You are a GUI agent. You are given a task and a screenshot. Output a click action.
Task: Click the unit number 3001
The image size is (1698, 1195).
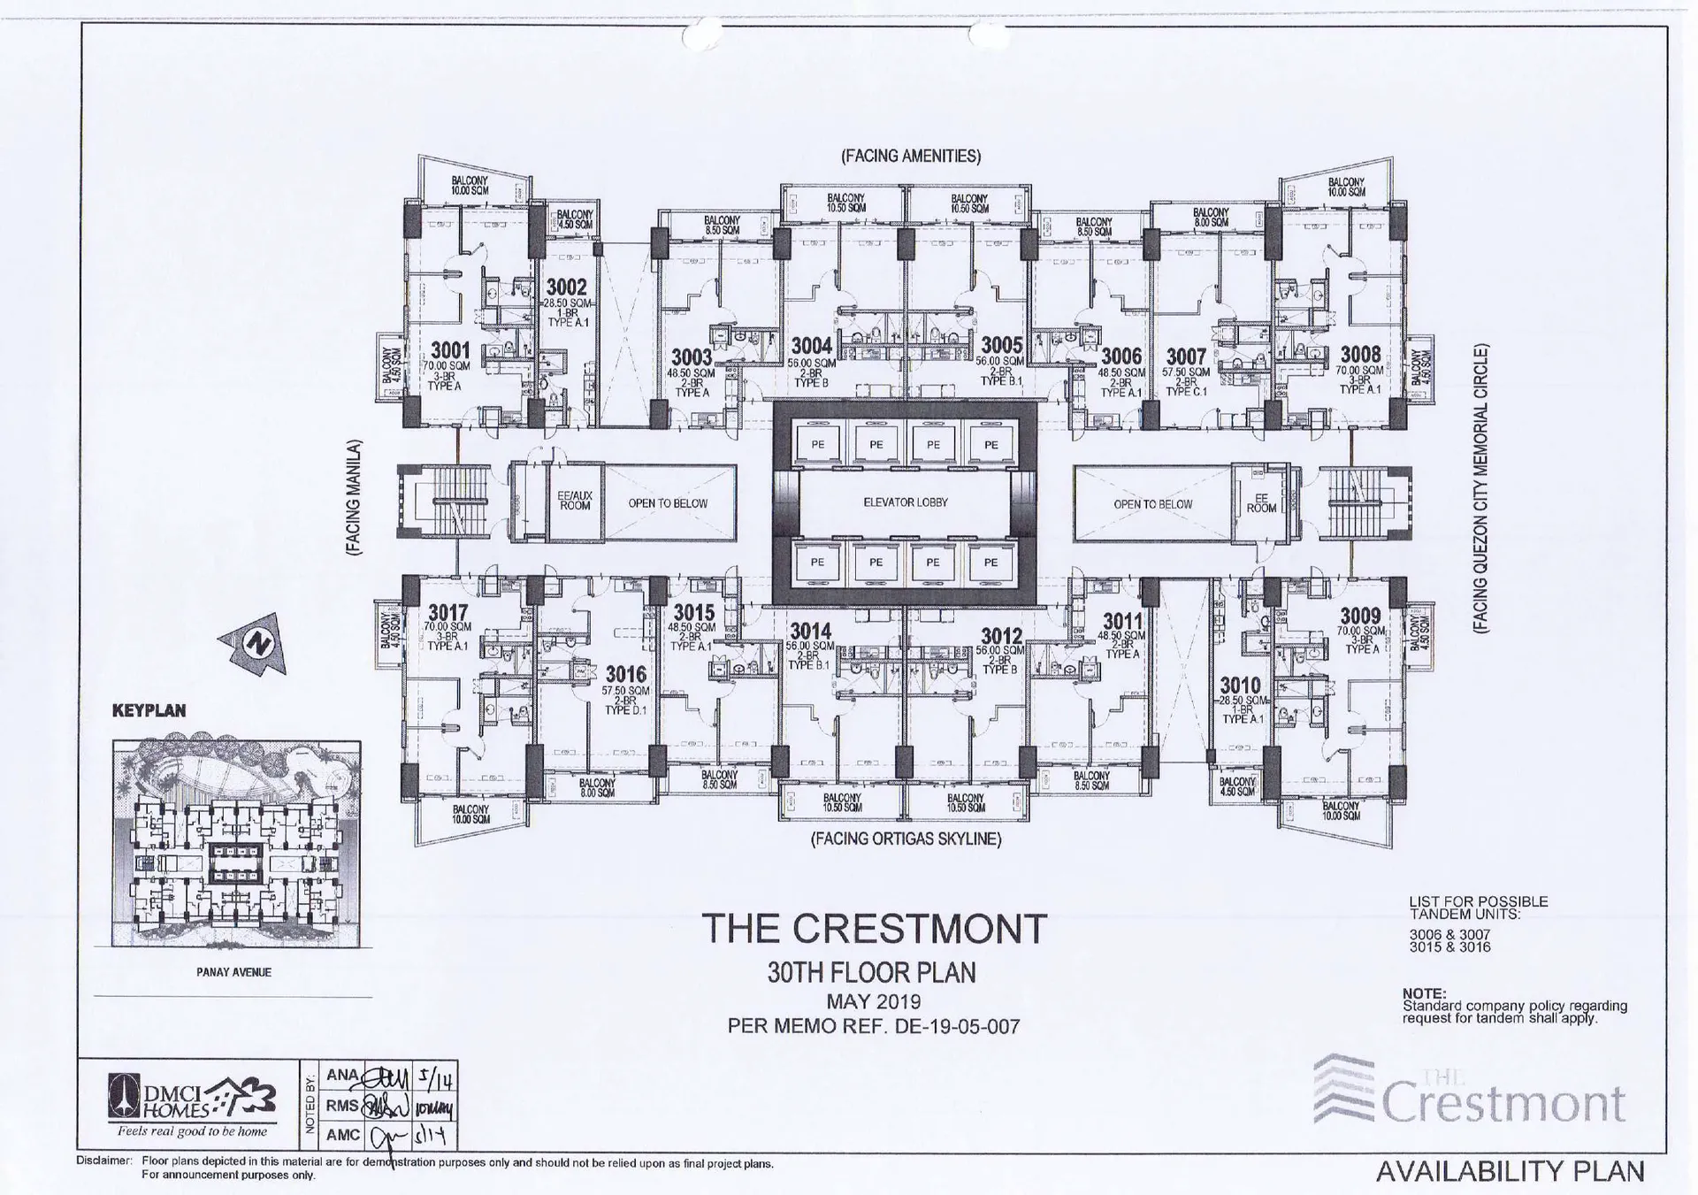[x=450, y=351]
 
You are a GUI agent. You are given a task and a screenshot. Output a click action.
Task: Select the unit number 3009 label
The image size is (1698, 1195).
[x=1360, y=616]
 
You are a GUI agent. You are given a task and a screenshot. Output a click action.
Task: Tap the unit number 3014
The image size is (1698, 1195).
[x=810, y=631]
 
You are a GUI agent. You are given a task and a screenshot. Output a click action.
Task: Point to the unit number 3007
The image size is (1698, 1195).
[x=1186, y=356]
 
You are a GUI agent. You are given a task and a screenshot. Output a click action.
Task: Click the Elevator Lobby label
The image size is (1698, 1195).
[x=905, y=502]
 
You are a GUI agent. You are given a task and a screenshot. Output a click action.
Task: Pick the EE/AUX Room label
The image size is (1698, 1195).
[x=575, y=501]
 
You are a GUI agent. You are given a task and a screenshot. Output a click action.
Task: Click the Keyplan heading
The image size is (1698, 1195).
[x=149, y=710]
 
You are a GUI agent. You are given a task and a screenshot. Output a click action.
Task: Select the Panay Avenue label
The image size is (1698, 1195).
[x=233, y=972]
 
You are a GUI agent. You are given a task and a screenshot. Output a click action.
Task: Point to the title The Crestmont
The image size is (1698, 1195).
[x=874, y=929]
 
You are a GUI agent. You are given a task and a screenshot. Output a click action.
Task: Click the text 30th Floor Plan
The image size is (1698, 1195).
[x=871, y=973]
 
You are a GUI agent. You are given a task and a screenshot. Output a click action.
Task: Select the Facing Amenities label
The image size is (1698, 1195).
[x=910, y=157]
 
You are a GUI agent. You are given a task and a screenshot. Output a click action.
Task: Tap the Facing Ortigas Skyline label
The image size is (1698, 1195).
[x=906, y=839]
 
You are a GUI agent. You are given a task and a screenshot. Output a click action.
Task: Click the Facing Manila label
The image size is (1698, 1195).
[x=355, y=497]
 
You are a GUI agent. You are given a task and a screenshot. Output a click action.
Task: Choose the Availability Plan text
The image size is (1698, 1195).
[x=1510, y=1171]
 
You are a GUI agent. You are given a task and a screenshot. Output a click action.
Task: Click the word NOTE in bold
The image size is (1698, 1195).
[x=1424, y=993]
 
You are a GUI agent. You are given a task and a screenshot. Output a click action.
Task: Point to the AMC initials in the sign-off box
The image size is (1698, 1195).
[x=343, y=1135]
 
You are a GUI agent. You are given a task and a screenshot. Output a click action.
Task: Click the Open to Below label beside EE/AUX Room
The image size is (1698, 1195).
[x=668, y=503]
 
